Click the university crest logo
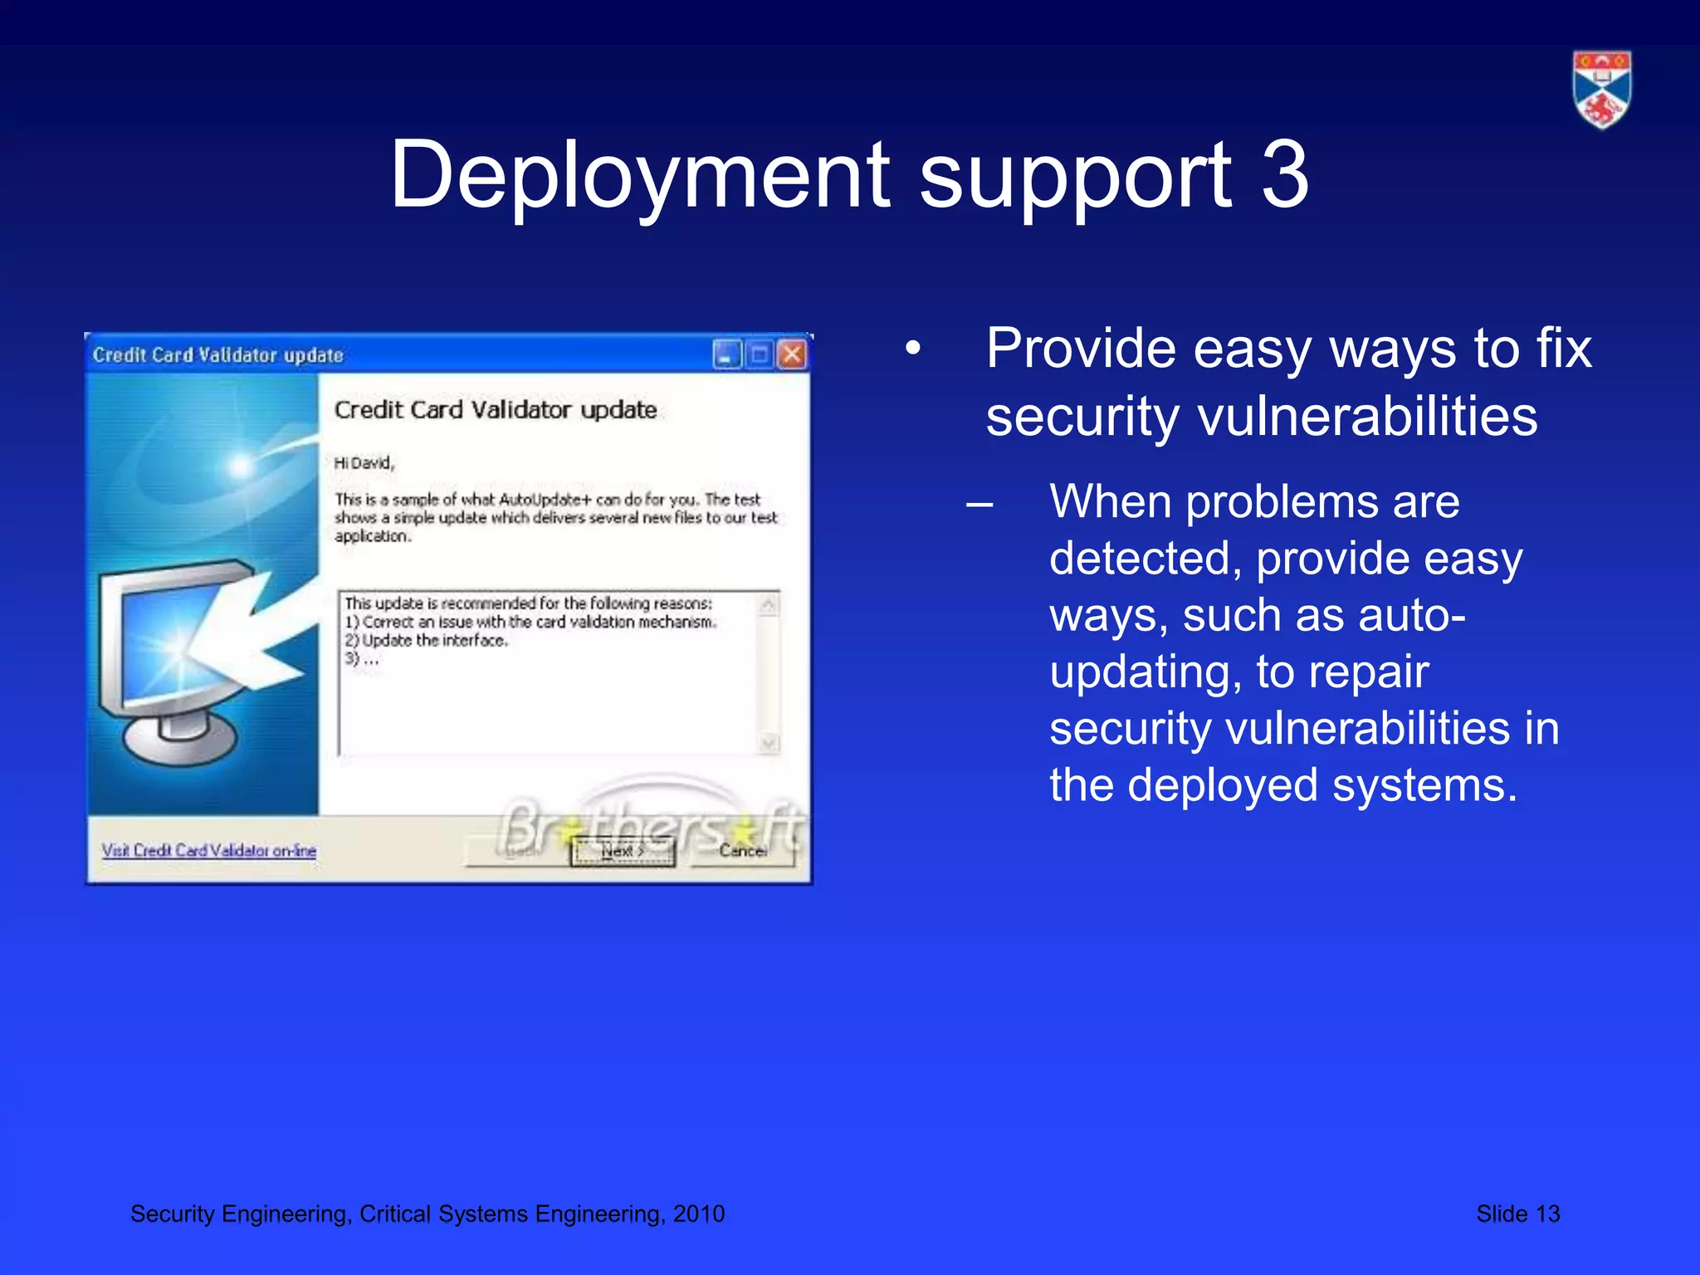(x=1601, y=90)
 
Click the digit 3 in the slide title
(x=1284, y=175)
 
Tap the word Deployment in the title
(x=640, y=175)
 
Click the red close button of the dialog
(x=793, y=355)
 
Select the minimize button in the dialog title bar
(x=725, y=355)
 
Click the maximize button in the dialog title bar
(x=760, y=355)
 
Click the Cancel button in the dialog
(x=743, y=851)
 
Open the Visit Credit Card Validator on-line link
(x=209, y=851)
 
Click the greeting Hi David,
(x=364, y=463)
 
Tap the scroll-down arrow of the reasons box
(x=769, y=743)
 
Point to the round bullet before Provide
(x=913, y=349)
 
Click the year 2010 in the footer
(x=699, y=1214)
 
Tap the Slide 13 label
(x=1517, y=1214)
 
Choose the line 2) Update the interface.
(x=426, y=641)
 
